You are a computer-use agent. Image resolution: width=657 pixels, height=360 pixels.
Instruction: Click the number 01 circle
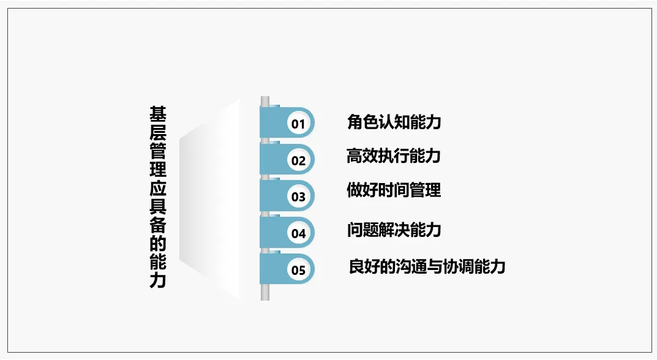pos(298,124)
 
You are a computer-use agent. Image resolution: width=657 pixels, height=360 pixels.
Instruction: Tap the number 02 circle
pos(298,161)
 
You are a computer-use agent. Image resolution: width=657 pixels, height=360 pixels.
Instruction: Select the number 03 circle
pos(298,197)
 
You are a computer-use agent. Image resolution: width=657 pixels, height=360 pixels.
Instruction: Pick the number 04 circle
pos(298,233)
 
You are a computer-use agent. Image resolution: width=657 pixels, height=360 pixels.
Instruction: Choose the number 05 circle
pos(298,270)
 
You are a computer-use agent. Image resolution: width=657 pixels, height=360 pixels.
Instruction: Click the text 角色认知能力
pos(394,122)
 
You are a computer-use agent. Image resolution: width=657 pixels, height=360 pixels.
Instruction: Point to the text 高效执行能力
pos(394,156)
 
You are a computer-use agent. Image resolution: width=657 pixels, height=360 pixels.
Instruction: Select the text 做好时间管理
pos(394,190)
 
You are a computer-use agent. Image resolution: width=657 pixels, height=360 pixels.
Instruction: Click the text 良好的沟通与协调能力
pos(427,266)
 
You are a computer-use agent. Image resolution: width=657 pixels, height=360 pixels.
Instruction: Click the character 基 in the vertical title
pos(158,114)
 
